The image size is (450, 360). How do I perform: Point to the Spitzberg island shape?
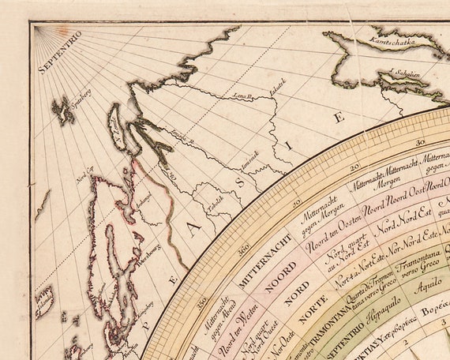click(x=63, y=110)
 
